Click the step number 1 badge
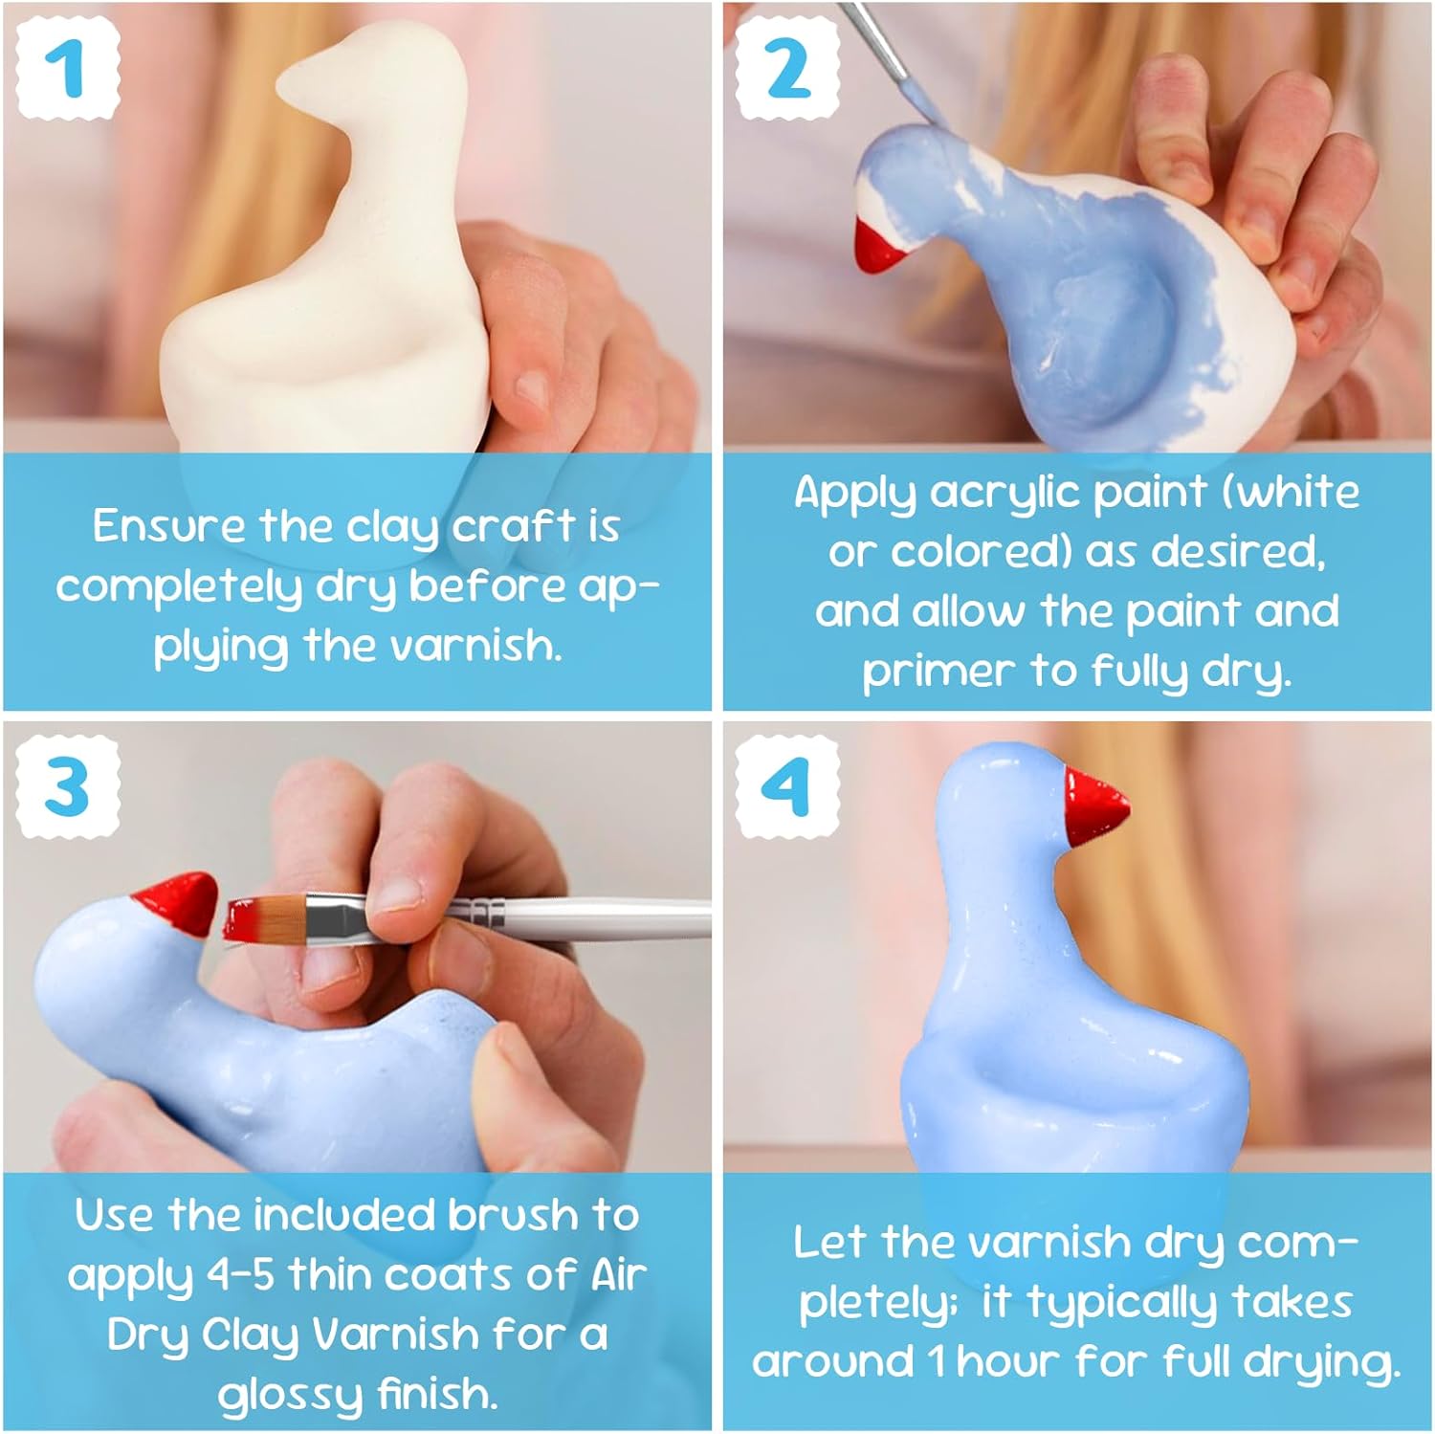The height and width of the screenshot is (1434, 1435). click(66, 69)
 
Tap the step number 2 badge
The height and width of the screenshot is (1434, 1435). click(787, 69)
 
